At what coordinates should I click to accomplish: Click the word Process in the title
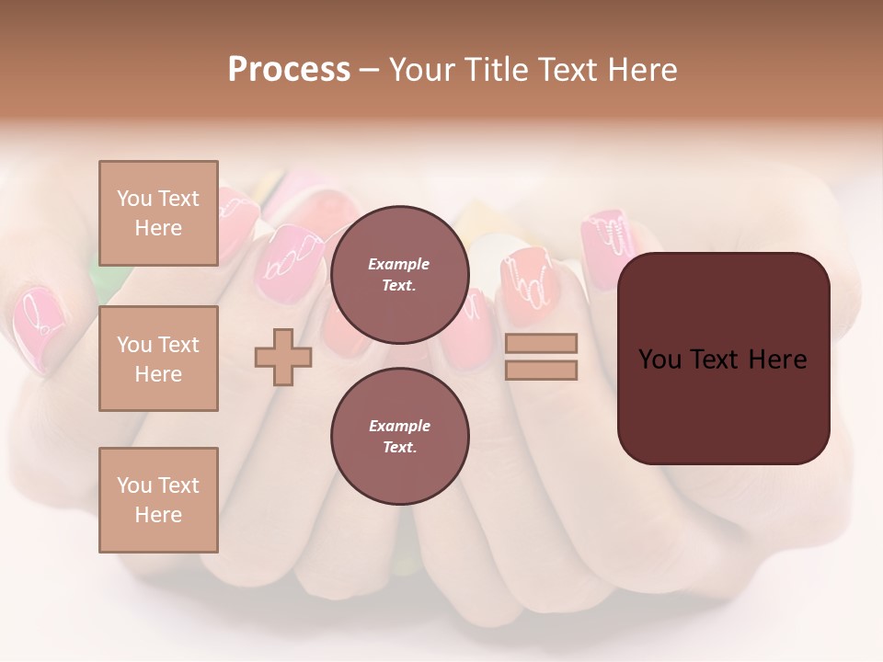coord(289,70)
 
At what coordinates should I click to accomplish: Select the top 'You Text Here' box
coord(158,213)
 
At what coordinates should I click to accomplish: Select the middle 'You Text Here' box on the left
coord(158,359)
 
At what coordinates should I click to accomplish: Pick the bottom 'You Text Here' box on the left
coord(158,499)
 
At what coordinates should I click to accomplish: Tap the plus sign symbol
coord(283,357)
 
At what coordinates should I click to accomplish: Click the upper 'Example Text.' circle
coord(399,275)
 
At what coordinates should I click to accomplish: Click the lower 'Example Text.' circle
coord(399,436)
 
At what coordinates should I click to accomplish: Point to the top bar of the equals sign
coord(541,343)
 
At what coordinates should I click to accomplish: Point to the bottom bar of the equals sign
coord(541,370)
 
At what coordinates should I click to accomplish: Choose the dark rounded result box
coord(723,359)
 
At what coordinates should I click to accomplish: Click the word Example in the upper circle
coord(399,264)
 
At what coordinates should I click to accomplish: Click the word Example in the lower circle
coord(399,426)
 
